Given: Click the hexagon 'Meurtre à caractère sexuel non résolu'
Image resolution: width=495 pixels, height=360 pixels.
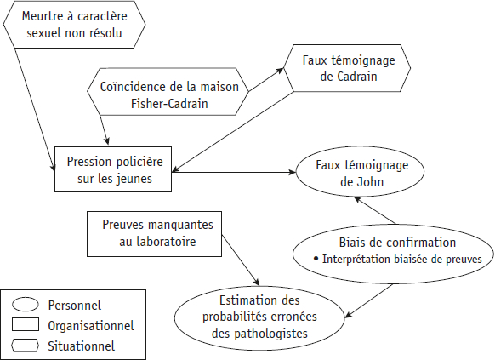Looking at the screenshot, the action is point(75,25).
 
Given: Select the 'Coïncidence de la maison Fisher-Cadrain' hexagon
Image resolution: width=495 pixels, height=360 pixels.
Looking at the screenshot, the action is point(168,92).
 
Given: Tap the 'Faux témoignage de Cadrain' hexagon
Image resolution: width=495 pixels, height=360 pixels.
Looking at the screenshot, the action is point(347,68).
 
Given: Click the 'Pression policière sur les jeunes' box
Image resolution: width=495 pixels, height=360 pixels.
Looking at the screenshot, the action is point(113,169).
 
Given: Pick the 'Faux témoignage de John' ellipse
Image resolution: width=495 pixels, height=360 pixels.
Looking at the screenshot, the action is point(360,171).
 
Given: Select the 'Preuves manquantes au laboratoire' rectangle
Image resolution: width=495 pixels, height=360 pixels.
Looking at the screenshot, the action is point(155,234).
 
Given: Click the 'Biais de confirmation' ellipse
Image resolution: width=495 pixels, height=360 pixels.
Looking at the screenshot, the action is point(393,254).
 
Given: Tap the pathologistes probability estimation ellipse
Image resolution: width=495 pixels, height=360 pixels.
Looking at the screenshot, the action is point(259,317).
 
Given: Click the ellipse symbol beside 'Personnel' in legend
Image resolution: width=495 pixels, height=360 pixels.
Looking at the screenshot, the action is point(26,305).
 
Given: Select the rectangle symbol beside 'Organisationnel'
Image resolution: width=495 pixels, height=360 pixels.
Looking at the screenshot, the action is point(26,325).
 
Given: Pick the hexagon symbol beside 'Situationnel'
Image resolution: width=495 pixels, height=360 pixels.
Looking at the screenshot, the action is point(26,346).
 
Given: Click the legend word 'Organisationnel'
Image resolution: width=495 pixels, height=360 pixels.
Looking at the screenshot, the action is point(91,326).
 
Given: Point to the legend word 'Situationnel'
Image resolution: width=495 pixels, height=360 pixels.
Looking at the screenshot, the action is point(82,346).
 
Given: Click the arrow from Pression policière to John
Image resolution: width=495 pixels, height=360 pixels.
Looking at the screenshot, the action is point(234,172).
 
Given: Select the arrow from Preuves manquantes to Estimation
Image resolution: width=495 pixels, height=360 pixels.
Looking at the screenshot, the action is point(241,260).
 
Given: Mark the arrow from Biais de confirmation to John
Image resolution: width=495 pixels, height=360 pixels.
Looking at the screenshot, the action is point(375,210).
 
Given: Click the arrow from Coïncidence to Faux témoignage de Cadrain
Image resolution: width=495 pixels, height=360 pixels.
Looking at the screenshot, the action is point(266,80).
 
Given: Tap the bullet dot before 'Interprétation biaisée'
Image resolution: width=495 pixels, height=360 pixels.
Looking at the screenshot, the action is point(316,259).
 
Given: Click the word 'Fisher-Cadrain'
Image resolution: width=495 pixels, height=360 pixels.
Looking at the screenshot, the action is point(169,103).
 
